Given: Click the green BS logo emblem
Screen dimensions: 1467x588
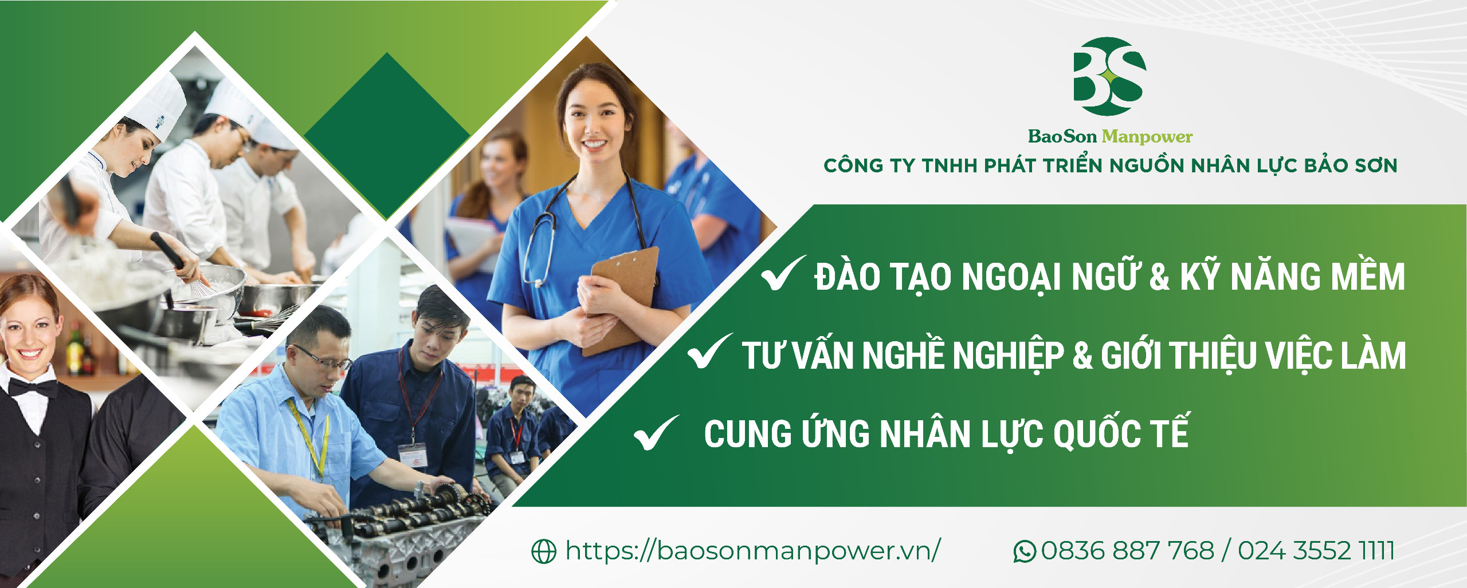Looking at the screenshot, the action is pyautogui.click(x=1109, y=77).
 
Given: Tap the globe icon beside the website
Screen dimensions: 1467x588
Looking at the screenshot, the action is pyautogui.click(x=544, y=551).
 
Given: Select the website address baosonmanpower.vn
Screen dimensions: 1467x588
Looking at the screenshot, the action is pyautogui.click(x=752, y=551).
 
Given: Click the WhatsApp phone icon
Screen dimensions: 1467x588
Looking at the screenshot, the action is pyautogui.click(x=1025, y=551).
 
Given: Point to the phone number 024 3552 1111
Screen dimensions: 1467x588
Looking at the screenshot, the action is pyautogui.click(x=1316, y=551).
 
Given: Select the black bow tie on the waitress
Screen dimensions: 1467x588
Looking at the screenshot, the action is pyautogui.click(x=33, y=388).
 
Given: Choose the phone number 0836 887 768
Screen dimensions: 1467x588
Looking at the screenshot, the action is pyautogui.click(x=1127, y=551).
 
